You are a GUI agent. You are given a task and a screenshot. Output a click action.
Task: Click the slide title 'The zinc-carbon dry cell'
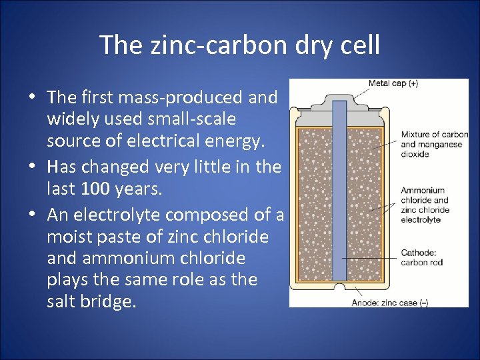(240, 45)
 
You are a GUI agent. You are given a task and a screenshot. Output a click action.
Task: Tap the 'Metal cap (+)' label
(393, 83)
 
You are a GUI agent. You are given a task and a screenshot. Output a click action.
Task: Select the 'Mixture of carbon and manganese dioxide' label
(434, 144)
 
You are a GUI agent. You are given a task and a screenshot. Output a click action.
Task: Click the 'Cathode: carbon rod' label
(422, 257)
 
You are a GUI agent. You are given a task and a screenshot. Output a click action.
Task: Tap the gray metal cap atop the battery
(339, 101)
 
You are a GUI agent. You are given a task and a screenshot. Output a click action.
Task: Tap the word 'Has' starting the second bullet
(62, 167)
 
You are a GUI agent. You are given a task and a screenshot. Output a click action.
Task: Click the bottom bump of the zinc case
(340, 288)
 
